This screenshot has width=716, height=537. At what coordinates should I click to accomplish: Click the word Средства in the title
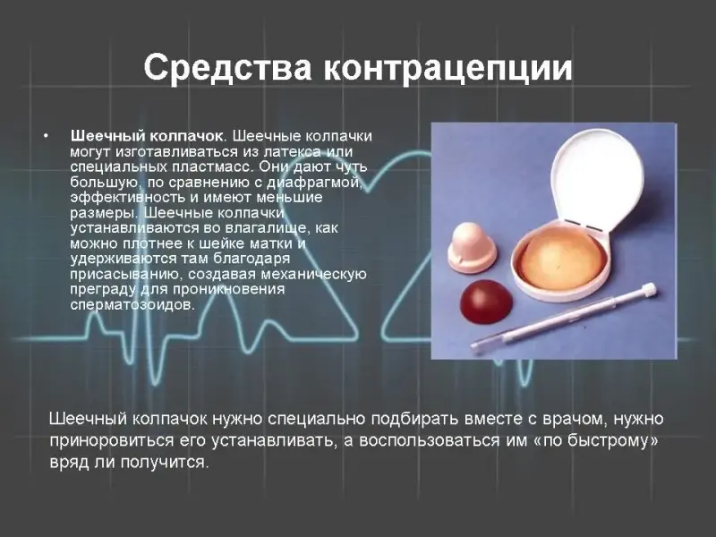228,68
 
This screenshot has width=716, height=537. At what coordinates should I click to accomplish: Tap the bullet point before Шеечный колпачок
46,136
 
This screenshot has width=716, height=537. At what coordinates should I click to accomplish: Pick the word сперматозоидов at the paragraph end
132,304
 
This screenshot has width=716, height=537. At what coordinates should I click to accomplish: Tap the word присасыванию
126,274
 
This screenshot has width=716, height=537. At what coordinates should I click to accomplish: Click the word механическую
314,274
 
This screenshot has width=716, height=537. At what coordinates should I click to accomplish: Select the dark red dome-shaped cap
486,300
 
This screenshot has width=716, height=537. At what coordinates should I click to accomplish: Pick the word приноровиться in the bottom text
111,441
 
